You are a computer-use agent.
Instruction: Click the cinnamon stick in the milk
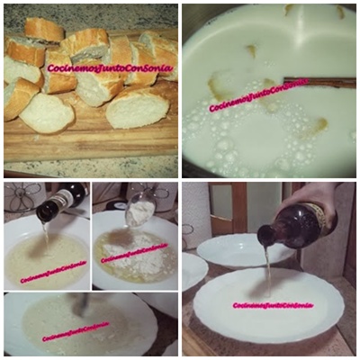click(x=319, y=82)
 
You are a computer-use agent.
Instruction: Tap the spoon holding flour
click(x=139, y=209)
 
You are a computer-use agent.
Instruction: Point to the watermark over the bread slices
click(x=110, y=68)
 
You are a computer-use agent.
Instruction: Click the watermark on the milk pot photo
click(x=258, y=95)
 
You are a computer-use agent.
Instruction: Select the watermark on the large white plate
click(x=273, y=306)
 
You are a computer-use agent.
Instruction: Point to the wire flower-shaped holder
click(x=23, y=197)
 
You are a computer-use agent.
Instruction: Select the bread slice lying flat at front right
click(x=138, y=107)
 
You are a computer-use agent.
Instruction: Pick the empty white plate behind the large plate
click(x=246, y=249)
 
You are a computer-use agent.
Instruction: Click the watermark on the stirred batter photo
click(x=76, y=331)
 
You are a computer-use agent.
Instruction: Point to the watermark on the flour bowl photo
click(x=134, y=253)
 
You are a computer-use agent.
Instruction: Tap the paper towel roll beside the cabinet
click(x=195, y=210)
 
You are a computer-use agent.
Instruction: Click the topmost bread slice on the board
click(x=44, y=30)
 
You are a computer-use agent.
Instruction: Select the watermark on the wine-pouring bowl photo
click(x=53, y=272)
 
